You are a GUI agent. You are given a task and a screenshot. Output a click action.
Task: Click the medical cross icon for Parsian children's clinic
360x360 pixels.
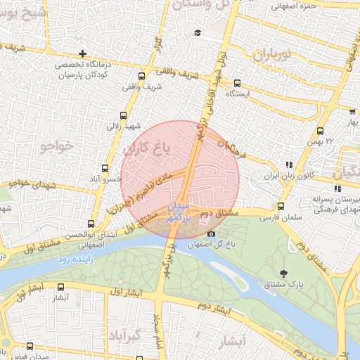pos(84,53)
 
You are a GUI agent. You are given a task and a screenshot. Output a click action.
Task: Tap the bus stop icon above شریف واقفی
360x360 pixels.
pos(142,76)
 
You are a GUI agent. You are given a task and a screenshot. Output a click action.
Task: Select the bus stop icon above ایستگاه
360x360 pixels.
pos(237,82)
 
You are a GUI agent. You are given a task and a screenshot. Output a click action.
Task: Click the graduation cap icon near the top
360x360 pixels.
pos(198,33)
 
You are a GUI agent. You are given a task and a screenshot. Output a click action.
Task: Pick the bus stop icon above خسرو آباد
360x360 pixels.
pos(105,168)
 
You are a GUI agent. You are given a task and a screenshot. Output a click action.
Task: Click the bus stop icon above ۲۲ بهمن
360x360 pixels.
pos(321,131)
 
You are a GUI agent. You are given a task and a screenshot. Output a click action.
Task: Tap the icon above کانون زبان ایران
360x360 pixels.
pos(288,165)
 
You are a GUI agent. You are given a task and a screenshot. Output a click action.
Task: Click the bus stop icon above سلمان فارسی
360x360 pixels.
pos(281,207)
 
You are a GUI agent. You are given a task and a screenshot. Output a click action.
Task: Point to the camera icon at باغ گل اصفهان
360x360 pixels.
pos(211,233)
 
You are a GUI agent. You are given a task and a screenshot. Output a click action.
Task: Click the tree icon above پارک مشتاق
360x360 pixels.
pos(283,273)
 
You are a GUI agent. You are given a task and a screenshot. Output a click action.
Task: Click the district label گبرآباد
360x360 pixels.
pos(132,335)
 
